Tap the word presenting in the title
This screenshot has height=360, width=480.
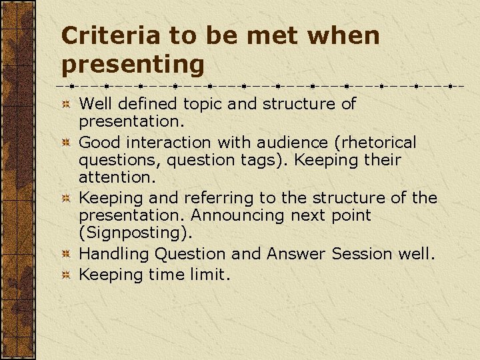[132, 65]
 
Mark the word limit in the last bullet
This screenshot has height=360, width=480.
[212, 274]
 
